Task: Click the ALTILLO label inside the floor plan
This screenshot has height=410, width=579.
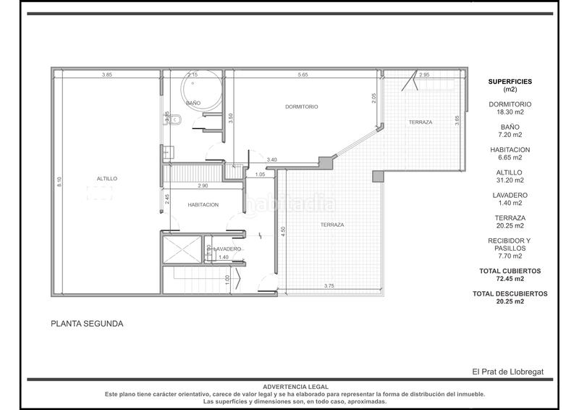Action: (x=106, y=178)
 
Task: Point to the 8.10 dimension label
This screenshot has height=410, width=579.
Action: (x=59, y=181)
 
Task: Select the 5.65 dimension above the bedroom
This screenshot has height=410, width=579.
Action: (x=303, y=75)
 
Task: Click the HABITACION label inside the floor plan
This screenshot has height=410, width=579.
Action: (x=203, y=205)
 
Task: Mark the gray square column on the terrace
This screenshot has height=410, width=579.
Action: (x=376, y=176)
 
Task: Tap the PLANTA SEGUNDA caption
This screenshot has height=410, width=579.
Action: (x=87, y=324)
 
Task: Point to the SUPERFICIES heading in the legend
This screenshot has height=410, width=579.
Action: (x=510, y=82)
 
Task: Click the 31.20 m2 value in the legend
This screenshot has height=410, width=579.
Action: (x=510, y=180)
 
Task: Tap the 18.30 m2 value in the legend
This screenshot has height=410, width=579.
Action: (x=510, y=112)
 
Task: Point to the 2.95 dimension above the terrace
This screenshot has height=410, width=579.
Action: (x=424, y=75)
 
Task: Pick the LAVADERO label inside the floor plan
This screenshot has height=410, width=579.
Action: (x=227, y=249)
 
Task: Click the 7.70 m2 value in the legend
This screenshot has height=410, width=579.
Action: (x=510, y=255)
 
